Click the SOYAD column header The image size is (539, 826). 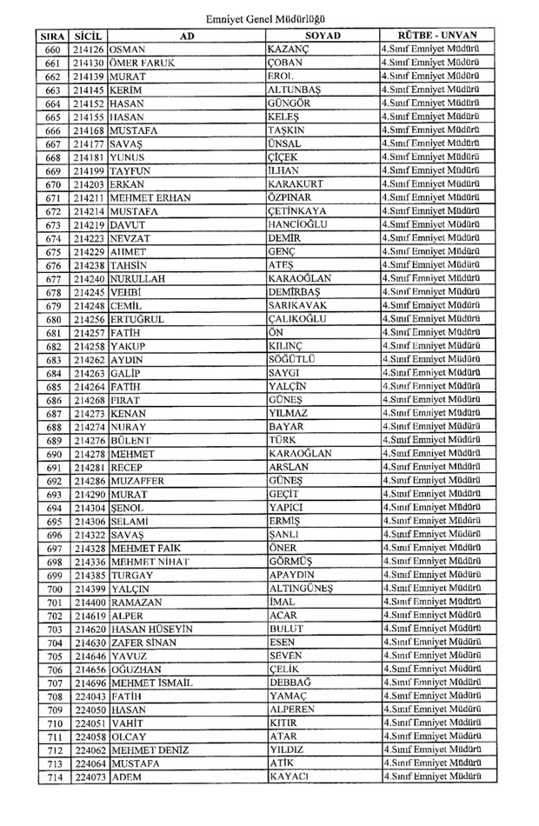323,36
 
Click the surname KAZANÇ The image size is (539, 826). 289,50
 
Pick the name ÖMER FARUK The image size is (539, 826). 143,63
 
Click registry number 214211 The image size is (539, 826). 90,198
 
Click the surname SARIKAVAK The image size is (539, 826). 301,306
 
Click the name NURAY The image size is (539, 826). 128,428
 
